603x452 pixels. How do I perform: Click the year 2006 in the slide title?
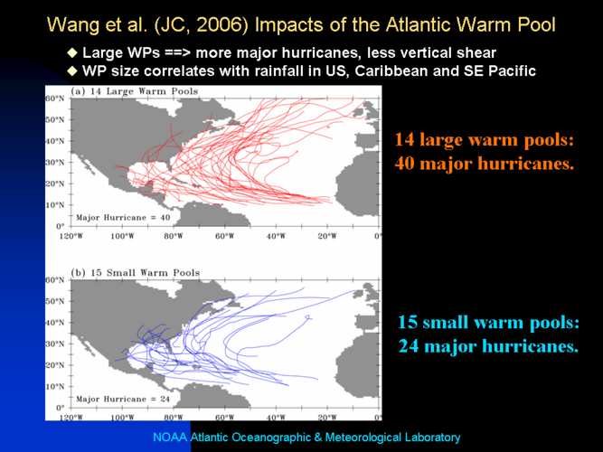(x=221, y=25)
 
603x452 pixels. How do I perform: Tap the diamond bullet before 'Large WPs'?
(x=72, y=52)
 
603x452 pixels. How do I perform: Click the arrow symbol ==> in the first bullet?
(x=178, y=52)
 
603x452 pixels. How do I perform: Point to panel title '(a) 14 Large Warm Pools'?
(x=135, y=91)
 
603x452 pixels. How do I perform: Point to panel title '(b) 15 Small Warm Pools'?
(x=136, y=273)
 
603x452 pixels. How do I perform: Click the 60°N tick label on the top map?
(x=55, y=99)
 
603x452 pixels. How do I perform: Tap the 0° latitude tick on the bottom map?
(x=61, y=408)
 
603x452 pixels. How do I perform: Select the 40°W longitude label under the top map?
(x=276, y=236)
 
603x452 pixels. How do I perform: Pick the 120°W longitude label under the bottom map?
(x=71, y=418)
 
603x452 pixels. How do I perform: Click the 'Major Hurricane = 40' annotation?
(x=123, y=218)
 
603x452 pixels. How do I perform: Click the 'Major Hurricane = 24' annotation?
(x=123, y=400)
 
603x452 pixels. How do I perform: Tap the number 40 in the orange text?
(x=405, y=164)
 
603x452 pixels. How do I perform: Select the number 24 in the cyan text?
(x=408, y=346)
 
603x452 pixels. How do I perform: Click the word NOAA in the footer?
(x=170, y=438)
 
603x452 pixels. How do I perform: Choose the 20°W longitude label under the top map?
(x=327, y=236)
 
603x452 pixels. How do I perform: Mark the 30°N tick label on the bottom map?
(x=55, y=344)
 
